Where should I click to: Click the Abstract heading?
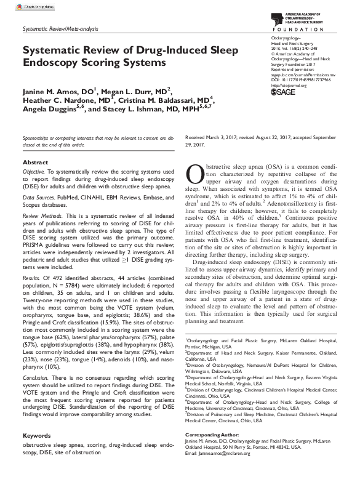(34, 162)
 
